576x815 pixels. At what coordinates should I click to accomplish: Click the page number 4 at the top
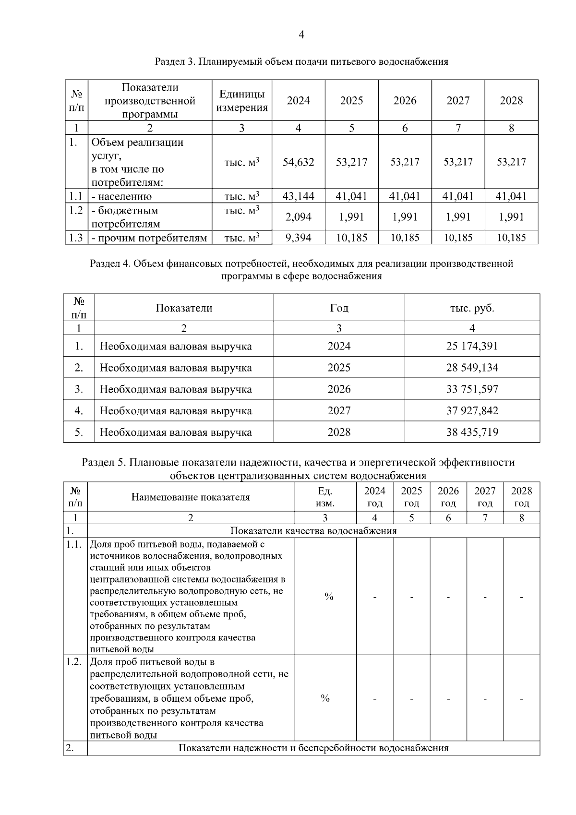tap(301, 35)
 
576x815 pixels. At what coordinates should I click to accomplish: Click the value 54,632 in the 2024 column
tap(298, 162)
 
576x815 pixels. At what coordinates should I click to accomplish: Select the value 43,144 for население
tap(298, 196)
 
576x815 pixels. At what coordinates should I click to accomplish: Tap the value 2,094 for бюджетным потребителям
tap(298, 217)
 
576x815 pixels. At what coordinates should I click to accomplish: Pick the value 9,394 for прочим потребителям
tap(298, 238)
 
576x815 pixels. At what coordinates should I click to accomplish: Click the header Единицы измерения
tap(241, 101)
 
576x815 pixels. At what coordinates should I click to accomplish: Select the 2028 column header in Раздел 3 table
tap(511, 101)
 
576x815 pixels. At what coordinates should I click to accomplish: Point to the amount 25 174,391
tap(472, 346)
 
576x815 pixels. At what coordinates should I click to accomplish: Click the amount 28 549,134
tap(472, 368)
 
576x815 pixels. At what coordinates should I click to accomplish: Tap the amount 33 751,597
tap(472, 389)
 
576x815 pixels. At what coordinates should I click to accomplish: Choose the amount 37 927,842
tap(472, 411)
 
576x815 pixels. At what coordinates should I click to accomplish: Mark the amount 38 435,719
tap(472, 432)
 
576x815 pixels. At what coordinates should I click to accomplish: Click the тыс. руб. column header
tap(472, 308)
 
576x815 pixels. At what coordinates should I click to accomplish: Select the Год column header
tap(339, 308)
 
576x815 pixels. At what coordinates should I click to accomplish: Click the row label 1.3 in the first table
tap(76, 238)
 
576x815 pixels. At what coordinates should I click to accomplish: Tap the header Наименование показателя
tap(191, 497)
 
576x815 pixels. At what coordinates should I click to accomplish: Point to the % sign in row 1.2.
tap(325, 698)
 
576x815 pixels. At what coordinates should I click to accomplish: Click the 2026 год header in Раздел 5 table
tap(448, 497)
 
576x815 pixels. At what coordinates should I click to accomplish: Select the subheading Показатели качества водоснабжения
tap(313, 531)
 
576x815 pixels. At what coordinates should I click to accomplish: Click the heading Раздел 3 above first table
tap(301, 62)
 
